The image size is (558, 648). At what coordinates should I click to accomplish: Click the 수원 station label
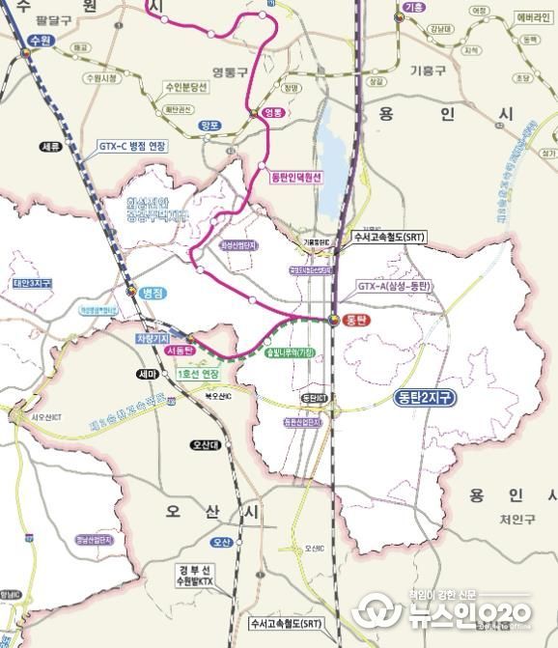tap(40, 40)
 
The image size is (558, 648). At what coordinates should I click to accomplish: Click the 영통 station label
tap(275, 113)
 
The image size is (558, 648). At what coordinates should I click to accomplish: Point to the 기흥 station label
tap(414, 8)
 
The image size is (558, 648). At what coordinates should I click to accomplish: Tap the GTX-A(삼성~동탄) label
tap(395, 286)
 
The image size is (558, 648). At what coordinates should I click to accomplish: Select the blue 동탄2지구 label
tap(425, 397)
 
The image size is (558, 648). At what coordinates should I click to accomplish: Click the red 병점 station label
tap(153, 291)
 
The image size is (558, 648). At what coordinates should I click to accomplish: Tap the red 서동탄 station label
tap(181, 353)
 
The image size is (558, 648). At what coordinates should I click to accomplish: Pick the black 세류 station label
tap(51, 147)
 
